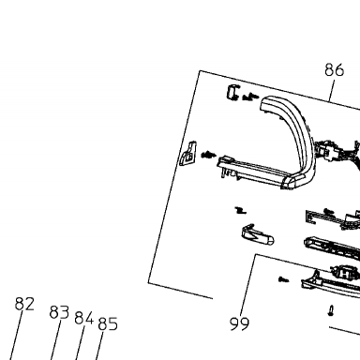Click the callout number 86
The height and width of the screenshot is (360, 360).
pyautogui.click(x=335, y=69)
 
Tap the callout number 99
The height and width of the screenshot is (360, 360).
pyautogui.click(x=240, y=323)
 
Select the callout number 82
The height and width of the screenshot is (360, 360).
pyautogui.click(x=24, y=304)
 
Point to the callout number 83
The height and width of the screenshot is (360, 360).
pyautogui.click(x=59, y=312)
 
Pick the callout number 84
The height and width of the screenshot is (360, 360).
pyautogui.click(x=84, y=319)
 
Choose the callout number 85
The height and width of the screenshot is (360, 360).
pyautogui.click(x=108, y=323)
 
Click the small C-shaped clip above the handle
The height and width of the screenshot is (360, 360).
pyautogui.click(x=232, y=93)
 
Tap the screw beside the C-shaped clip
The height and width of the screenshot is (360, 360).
pyautogui.click(x=251, y=97)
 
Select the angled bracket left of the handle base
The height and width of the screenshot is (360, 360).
pyautogui.click(x=187, y=154)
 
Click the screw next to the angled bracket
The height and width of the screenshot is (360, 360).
pyautogui.click(x=208, y=155)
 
